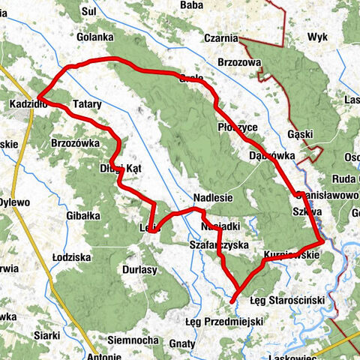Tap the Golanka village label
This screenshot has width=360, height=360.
[94, 37]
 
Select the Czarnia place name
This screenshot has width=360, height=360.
[220, 39]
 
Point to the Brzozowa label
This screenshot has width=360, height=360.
[238, 62]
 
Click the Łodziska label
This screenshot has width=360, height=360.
[72, 256]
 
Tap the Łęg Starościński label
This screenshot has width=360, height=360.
[286, 300]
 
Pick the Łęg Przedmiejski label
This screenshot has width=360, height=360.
[223, 321]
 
